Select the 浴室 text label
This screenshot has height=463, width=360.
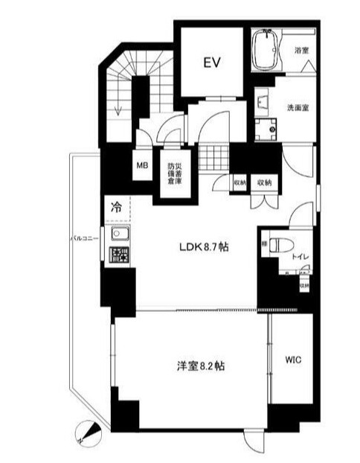tap(301, 51)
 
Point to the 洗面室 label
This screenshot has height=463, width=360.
tap(298, 107)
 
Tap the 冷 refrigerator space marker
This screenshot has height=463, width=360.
tap(117, 207)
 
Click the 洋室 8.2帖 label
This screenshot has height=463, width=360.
tap(191, 366)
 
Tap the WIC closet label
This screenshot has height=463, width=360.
tap(292, 359)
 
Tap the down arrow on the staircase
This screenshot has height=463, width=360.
tap(119, 109)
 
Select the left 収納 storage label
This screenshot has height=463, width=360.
tap(240, 181)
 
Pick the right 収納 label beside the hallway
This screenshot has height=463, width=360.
tap(263, 181)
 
